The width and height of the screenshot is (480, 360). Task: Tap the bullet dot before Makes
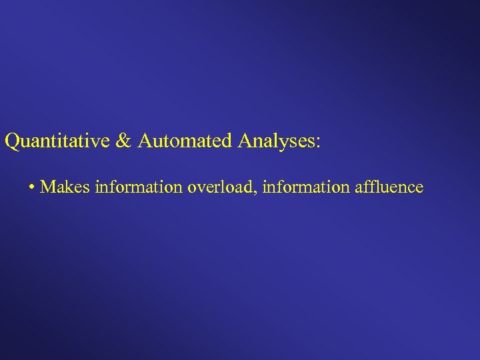coord(32,188)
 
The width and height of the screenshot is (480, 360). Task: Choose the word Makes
coord(65,187)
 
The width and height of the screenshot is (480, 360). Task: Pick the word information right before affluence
coord(306,187)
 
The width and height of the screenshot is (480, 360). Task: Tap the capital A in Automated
coord(146,141)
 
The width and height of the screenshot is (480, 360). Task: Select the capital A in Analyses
coord(244,141)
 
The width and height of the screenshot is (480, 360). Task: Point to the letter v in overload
coord(200,189)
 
